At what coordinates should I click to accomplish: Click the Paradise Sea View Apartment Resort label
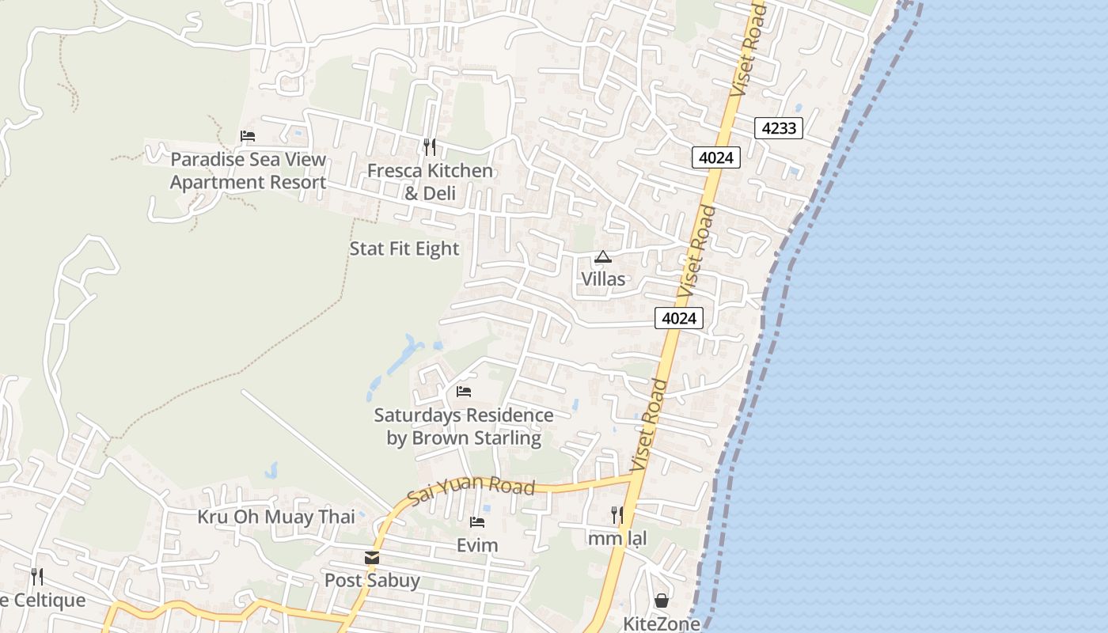pos(248,171)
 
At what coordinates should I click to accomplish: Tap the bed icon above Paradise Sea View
pos(248,136)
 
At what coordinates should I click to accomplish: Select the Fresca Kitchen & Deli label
pos(430,182)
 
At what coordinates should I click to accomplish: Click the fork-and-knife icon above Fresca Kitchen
pos(430,146)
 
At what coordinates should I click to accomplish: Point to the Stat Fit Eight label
pos(404,248)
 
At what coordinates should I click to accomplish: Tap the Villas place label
pos(603,279)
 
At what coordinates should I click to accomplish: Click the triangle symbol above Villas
pos(603,256)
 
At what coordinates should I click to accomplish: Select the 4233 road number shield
pos(779,127)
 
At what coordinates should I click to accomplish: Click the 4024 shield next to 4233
pos(716,157)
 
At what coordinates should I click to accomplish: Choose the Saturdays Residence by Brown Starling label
pos(464,426)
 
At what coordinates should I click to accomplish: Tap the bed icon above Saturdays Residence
pos(464,392)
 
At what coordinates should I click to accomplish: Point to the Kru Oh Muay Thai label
pos(276,517)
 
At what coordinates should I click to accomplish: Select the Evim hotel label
pos(477,545)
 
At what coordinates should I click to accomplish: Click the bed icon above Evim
pos(477,522)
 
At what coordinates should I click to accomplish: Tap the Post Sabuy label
pos(372,580)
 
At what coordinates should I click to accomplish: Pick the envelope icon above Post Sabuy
pos(372,558)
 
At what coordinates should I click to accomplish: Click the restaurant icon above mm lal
pos(617,516)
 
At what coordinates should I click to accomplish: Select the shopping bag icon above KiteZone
pos(662,601)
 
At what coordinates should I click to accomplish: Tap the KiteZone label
pos(662,624)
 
